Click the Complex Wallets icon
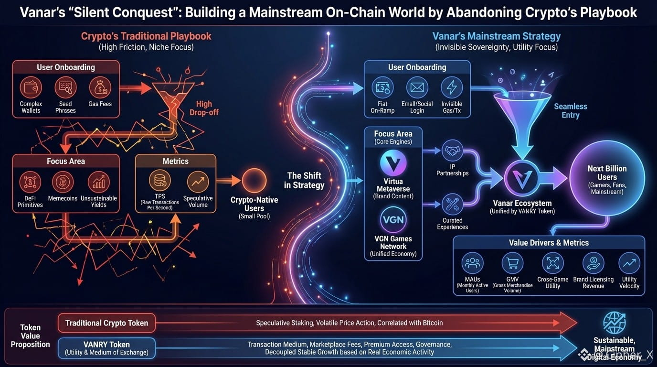click(x=31, y=87)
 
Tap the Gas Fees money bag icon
click(x=100, y=87)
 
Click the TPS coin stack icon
click(x=159, y=182)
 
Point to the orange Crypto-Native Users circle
click(x=254, y=181)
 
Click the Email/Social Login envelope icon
click(x=417, y=88)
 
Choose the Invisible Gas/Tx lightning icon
click(x=452, y=88)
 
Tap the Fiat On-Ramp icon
click(x=382, y=88)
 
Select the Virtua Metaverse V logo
click(x=393, y=162)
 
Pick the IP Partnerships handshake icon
click(x=452, y=151)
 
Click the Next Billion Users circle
click(x=607, y=178)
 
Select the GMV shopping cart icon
click(x=512, y=263)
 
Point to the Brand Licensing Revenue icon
click(x=593, y=263)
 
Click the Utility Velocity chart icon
click(x=629, y=263)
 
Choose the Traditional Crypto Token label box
click(x=106, y=323)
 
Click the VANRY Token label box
click(x=106, y=348)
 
